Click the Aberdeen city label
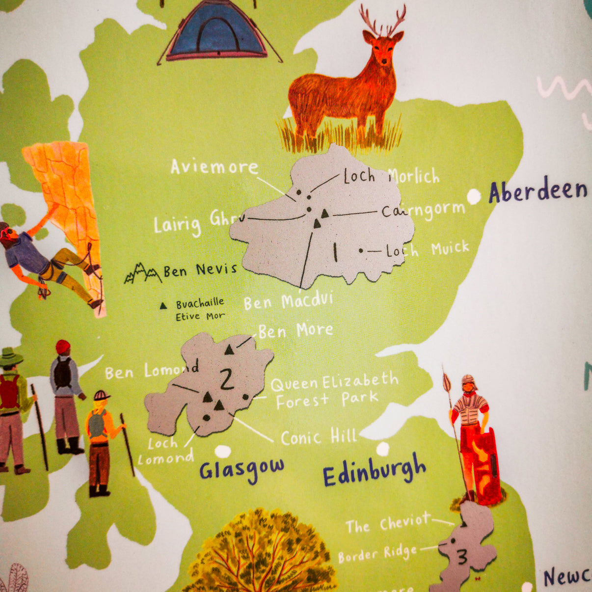point(538,191)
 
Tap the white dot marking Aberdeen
point(474,196)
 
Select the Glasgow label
point(242,469)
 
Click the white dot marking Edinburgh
point(382,448)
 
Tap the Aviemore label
point(214,167)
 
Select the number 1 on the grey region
point(335,252)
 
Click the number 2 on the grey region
point(226,378)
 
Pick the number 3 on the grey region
point(461,557)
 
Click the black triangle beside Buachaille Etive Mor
point(163,305)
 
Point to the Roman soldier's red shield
point(485,466)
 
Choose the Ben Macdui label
point(288,301)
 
